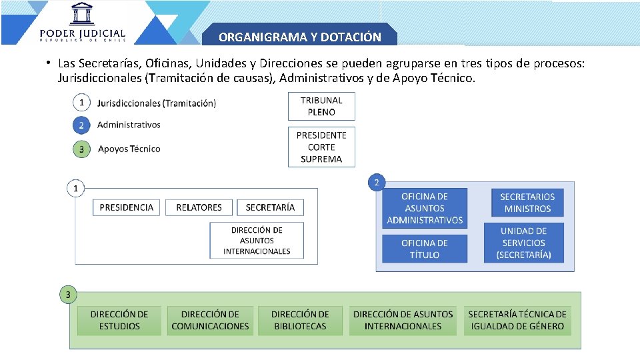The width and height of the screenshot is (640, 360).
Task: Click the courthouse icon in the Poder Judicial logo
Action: coord(83,14)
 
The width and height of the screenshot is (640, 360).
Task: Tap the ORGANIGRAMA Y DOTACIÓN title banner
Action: coord(299,37)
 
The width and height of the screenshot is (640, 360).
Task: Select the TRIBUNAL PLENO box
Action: coord(321,106)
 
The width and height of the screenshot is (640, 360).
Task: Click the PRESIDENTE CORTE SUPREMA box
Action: coord(321,147)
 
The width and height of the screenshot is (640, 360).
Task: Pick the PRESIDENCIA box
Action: coord(127,207)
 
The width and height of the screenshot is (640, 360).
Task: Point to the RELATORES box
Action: coord(199,207)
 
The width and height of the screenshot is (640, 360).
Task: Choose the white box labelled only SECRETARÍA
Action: coord(270,207)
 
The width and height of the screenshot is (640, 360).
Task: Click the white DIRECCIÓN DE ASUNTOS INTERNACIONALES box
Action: coord(257,241)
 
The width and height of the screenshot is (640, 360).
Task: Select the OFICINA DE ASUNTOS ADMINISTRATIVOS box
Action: coord(425,209)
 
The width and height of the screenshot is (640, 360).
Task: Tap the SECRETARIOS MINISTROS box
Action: coord(527,203)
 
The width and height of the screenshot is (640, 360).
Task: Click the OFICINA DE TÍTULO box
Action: coord(425,249)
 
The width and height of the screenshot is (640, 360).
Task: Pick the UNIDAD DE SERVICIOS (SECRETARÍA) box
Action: coord(524,243)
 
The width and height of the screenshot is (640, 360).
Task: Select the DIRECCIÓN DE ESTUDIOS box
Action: coord(119,320)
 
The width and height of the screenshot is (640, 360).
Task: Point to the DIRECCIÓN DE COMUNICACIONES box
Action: coord(210,320)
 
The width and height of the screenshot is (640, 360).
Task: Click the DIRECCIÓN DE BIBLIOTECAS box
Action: coord(300,320)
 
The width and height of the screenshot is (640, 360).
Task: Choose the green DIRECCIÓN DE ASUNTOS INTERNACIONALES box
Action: coord(403,320)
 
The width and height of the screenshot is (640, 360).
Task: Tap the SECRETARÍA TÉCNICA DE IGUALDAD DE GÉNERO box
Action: coord(517,320)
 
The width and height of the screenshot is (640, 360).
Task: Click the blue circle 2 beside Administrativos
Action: coord(81,125)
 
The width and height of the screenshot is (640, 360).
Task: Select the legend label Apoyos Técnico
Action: coord(129,149)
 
